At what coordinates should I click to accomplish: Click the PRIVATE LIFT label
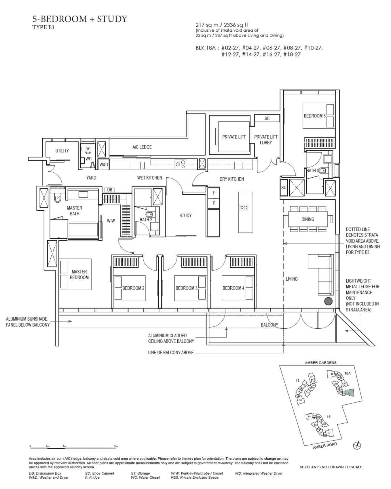pyautogui.click(x=234, y=137)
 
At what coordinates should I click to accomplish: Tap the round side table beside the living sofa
pyautogui.click(x=328, y=301)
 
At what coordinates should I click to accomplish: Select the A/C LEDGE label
pyautogui.click(x=142, y=147)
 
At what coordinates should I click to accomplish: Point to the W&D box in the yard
pyautogui.click(x=104, y=165)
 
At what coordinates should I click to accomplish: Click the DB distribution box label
pyautogui.click(x=110, y=190)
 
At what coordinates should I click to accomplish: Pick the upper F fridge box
pyautogui.click(x=214, y=193)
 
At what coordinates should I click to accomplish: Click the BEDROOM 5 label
pyautogui.click(x=314, y=116)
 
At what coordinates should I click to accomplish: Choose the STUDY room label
pyautogui.click(x=185, y=216)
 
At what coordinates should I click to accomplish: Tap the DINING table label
pyautogui.click(x=308, y=219)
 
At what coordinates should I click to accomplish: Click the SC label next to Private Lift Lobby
pyautogui.click(x=267, y=118)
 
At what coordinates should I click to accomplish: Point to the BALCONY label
pyautogui.click(x=269, y=325)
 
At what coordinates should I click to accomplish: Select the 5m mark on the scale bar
pyautogui.click(x=116, y=447)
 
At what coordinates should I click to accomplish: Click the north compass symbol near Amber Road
pyautogui.click(x=357, y=445)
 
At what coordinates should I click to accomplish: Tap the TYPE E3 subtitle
pyautogui.click(x=43, y=28)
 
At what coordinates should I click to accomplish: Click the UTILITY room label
pyautogui.click(x=62, y=151)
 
